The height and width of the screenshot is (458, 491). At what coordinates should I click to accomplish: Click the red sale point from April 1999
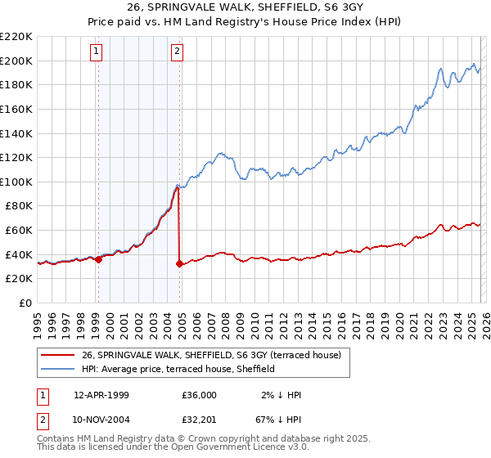point(98,259)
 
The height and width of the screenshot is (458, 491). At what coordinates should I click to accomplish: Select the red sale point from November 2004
point(179,263)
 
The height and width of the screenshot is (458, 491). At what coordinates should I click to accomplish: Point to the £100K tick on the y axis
point(16,182)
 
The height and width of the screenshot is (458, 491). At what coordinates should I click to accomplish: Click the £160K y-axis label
point(16,109)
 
